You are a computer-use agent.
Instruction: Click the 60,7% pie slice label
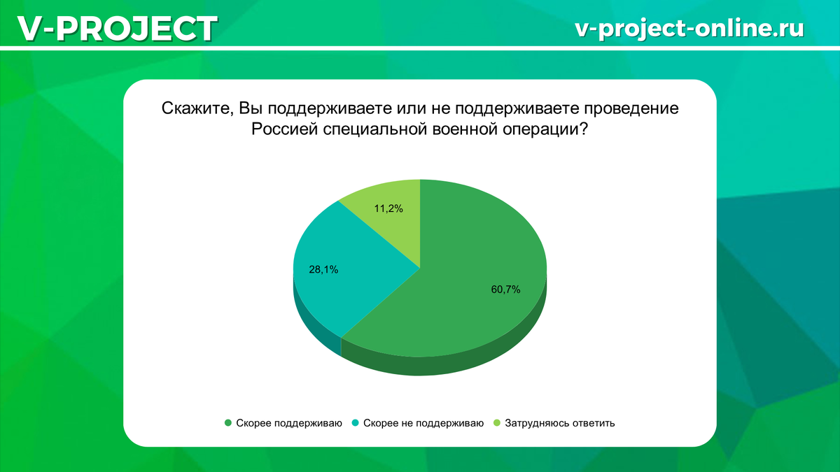coord(505,289)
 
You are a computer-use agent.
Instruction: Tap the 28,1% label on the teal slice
coord(323,269)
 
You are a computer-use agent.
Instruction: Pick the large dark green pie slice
coord(476,308)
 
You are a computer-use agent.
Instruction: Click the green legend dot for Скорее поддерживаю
coord(228,423)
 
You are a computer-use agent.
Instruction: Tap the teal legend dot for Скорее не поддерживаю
coord(356,423)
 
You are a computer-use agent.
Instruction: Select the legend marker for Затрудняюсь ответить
coord(498,423)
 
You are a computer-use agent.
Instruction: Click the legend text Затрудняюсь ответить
coord(559,423)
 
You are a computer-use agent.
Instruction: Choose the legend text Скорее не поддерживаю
coord(423,423)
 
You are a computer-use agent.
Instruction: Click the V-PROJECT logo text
coord(116,29)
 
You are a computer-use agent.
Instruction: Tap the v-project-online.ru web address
coord(689,27)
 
